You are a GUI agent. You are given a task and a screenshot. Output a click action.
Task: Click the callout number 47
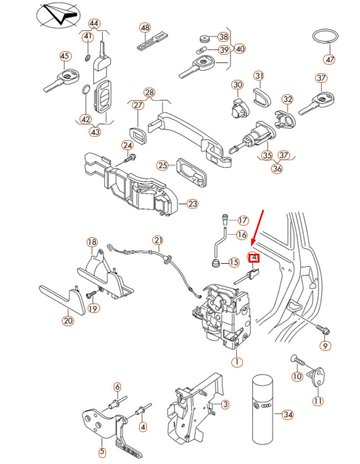pos(330,59)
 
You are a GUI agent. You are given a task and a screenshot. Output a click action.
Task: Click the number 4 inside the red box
pos(253,258)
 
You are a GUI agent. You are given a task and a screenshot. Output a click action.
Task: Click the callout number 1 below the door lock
pos(237,362)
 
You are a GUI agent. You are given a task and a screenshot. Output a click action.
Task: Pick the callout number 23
pos(192,204)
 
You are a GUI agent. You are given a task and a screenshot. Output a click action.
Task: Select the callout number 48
pos(144,27)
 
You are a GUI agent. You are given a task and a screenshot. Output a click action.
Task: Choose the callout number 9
pos(325,346)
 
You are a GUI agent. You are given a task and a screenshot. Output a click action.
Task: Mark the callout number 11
pos(318,401)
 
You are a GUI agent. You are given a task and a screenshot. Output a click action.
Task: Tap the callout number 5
pos(102,452)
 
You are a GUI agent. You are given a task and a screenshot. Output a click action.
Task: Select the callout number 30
pos(237,85)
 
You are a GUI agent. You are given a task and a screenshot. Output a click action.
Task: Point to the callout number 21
pos(158,240)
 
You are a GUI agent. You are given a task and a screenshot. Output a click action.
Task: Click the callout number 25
pos(162,165)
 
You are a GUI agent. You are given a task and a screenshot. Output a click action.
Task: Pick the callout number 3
pos(225,405)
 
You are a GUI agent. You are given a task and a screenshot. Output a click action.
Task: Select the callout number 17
pos(243,220)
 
